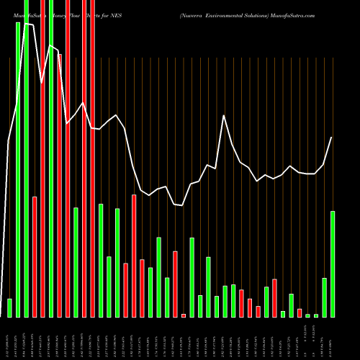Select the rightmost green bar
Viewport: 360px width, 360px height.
(333, 264)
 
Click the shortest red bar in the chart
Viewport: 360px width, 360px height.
(184, 315)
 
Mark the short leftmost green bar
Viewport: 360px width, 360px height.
(9, 307)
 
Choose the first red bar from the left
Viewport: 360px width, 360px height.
(35, 256)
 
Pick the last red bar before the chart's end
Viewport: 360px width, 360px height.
(300, 312)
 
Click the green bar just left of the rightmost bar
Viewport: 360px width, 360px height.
(324, 297)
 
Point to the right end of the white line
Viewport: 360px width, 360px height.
(332, 138)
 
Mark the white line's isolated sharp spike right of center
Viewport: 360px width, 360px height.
(225, 115)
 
